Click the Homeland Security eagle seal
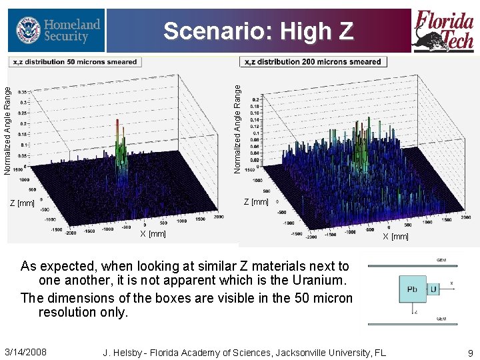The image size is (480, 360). (27, 31)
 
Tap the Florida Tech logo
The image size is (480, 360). (444, 31)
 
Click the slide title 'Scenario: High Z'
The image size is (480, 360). (258, 31)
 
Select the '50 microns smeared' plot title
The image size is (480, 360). (74, 62)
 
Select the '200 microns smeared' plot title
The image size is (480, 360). (313, 62)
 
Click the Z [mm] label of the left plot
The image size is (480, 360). (26, 203)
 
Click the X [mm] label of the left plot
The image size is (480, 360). (153, 234)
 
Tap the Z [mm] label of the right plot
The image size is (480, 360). (256, 202)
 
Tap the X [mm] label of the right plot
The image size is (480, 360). (395, 237)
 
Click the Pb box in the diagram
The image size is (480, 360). (413, 290)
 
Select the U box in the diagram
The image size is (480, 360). (433, 290)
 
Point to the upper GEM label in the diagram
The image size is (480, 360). (441, 260)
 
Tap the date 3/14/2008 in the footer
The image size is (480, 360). (25, 351)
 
